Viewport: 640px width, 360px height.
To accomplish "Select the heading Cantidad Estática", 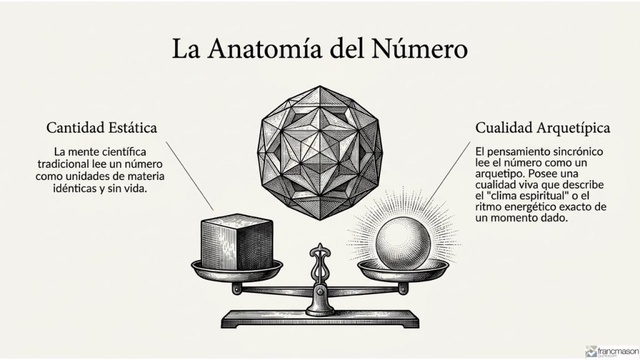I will pos(102,127).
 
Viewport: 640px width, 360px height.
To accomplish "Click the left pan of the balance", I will pos(237,270).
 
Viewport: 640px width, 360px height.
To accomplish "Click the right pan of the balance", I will pos(403,270).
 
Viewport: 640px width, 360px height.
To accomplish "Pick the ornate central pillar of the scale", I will pos(319,275).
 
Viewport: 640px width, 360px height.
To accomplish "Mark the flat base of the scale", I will pos(319,317).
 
